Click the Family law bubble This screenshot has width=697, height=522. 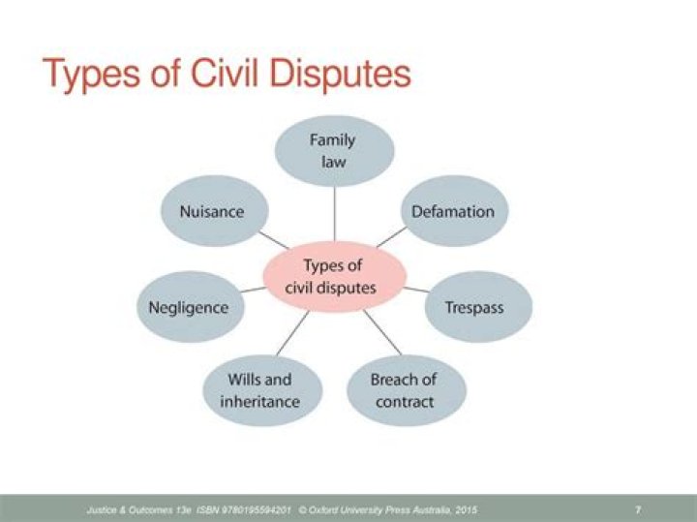point(334,151)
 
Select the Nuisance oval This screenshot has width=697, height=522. point(214,211)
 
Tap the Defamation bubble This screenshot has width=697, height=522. point(454,211)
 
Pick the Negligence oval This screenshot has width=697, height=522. point(191,307)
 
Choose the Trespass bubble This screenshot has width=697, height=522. point(478,307)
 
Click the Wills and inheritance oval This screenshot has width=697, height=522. point(262,390)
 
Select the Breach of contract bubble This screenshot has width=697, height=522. point(407,390)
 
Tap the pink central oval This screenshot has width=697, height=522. point(334,277)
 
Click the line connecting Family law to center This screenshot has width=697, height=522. point(334,214)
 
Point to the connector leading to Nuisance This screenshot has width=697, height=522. point(274,240)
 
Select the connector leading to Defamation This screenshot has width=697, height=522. point(392,236)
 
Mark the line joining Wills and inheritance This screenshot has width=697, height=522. point(292,333)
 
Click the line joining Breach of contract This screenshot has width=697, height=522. point(382,332)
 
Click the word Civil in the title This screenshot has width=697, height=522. point(225,74)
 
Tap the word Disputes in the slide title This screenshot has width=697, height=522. point(340,76)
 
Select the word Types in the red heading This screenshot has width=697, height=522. point(91,76)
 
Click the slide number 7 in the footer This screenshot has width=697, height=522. point(638,509)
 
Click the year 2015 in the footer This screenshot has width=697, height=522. point(467,509)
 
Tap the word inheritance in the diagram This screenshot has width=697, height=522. point(260,402)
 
